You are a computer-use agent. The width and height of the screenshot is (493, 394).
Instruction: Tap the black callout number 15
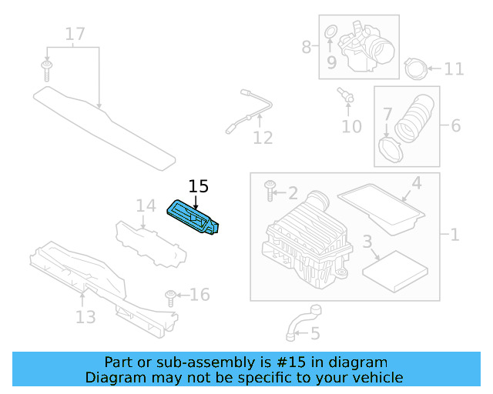198,186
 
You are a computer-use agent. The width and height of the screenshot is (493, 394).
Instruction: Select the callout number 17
75,34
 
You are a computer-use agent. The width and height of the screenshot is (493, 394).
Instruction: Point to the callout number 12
263,138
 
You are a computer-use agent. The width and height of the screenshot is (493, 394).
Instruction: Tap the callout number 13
85,316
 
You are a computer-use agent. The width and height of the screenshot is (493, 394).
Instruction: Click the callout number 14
146,205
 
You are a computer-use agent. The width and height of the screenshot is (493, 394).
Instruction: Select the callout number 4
415,183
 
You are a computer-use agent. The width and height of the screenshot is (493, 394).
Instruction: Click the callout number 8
307,48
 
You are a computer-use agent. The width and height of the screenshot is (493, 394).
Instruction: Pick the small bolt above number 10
345,95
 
